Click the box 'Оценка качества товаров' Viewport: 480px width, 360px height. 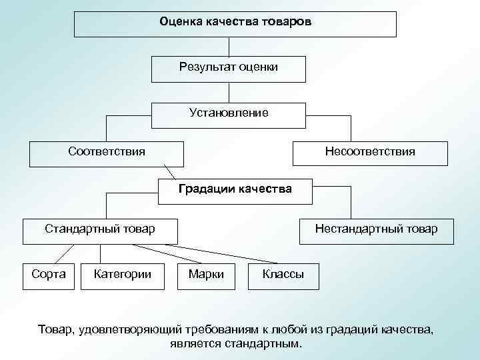tap(235, 23)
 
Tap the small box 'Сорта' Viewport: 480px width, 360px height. tap(49, 274)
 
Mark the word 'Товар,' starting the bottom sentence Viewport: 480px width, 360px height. tap(56, 330)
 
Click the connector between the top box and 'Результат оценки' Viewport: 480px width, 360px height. tap(229, 47)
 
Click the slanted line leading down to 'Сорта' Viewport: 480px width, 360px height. tap(65, 253)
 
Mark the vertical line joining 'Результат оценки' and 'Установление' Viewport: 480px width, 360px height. tap(229, 92)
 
